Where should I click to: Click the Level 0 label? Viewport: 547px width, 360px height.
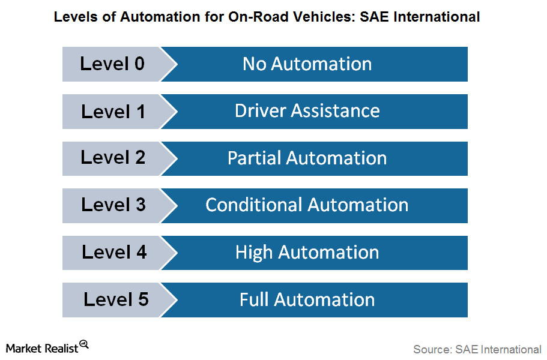point(112,64)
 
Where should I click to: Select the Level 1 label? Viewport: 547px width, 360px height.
point(113,112)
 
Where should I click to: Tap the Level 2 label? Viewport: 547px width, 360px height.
point(113,157)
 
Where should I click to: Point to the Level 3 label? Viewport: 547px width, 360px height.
point(113,204)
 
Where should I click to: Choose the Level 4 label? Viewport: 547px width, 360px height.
point(114,252)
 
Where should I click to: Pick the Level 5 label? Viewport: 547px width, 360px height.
point(116,299)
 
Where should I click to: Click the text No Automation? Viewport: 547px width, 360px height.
point(307,64)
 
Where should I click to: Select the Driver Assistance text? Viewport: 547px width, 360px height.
point(307,111)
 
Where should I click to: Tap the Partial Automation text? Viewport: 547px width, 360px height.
point(307,158)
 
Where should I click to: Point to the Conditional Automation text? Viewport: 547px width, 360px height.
point(307,205)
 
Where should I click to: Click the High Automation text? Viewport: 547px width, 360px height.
point(307,253)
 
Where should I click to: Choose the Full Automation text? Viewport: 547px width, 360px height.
point(307,300)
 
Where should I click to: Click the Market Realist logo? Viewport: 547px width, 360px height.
point(47,347)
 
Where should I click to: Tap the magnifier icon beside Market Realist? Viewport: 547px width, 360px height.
point(84,344)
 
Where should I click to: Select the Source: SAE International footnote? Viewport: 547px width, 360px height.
point(477,349)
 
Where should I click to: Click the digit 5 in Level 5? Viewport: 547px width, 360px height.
point(144,299)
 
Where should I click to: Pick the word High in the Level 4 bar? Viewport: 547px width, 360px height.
point(253,253)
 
